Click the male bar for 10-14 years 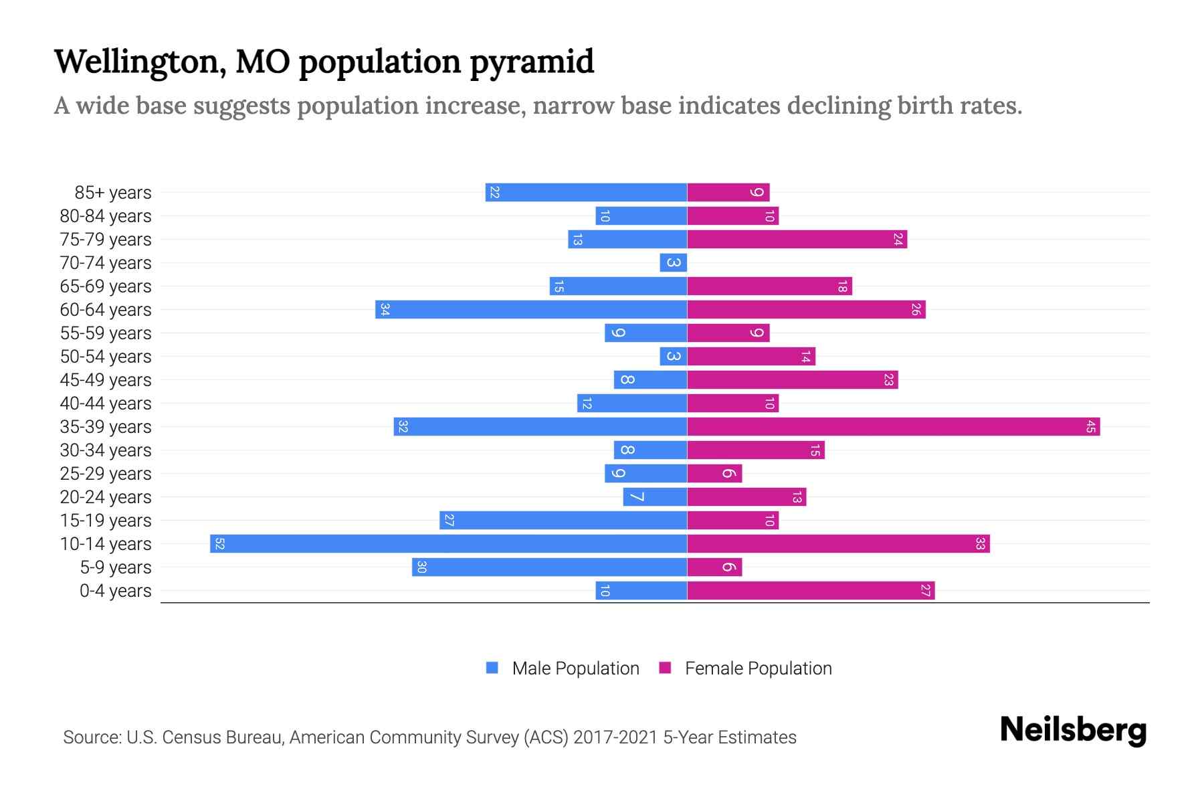[x=448, y=543]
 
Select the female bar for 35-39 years [x=893, y=426]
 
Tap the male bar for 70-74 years [x=673, y=262]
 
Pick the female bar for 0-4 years [x=811, y=590]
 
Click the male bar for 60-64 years [x=531, y=309]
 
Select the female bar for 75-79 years [x=797, y=239]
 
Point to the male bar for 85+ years [x=586, y=192]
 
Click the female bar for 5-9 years [x=714, y=567]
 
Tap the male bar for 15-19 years [x=563, y=520]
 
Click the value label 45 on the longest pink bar [x=1091, y=426]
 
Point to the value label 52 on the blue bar [x=219, y=543]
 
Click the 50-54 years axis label [x=106, y=356]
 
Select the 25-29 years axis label [x=106, y=473]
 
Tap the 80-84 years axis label [x=106, y=215]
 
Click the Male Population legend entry [x=575, y=668]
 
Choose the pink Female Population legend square [x=665, y=668]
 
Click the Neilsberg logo [x=1073, y=730]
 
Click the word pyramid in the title [x=531, y=62]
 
